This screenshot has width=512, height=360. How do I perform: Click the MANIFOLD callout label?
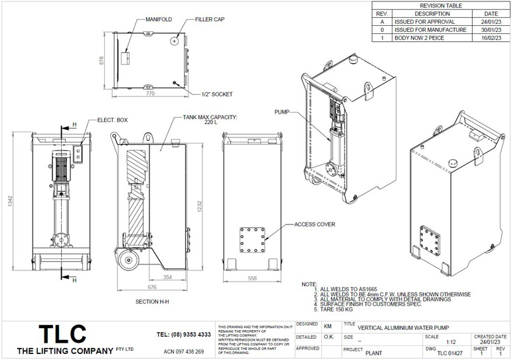(x=159, y=20)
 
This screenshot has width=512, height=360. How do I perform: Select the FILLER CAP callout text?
(x=209, y=20)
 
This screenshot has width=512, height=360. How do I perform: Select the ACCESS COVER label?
(x=315, y=225)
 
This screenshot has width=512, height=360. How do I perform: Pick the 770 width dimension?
(x=149, y=94)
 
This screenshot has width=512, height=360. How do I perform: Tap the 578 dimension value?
(x=102, y=60)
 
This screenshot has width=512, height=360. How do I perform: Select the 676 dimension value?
(x=152, y=287)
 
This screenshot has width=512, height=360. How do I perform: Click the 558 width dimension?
(x=252, y=278)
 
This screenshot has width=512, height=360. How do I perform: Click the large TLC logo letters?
(x=62, y=333)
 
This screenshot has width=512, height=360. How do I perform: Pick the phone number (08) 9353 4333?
(x=184, y=334)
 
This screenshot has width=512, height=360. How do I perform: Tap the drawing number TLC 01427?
(x=450, y=353)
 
